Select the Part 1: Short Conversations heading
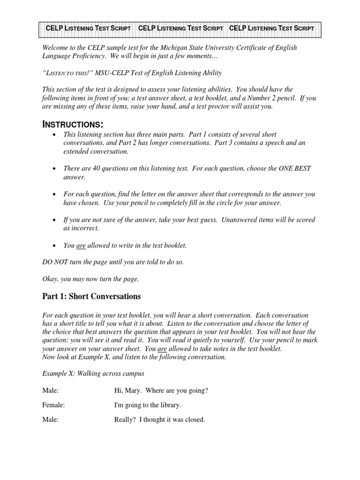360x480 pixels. click(x=91, y=297)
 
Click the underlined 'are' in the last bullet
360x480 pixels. click(x=81, y=245)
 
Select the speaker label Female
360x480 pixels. click(x=53, y=405)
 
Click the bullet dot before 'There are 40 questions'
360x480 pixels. click(x=55, y=169)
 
